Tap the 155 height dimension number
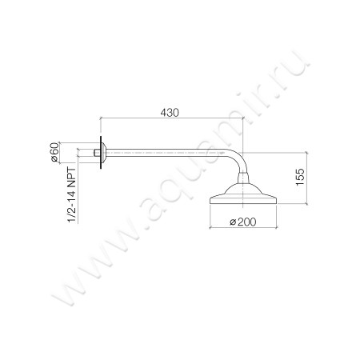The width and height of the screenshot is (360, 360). click(298, 177)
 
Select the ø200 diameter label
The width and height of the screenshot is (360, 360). click(240, 222)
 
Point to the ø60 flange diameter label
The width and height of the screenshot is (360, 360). click(54, 151)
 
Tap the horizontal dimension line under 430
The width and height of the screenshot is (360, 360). click(172, 121)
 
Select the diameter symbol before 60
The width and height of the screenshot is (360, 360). click(54, 159)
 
